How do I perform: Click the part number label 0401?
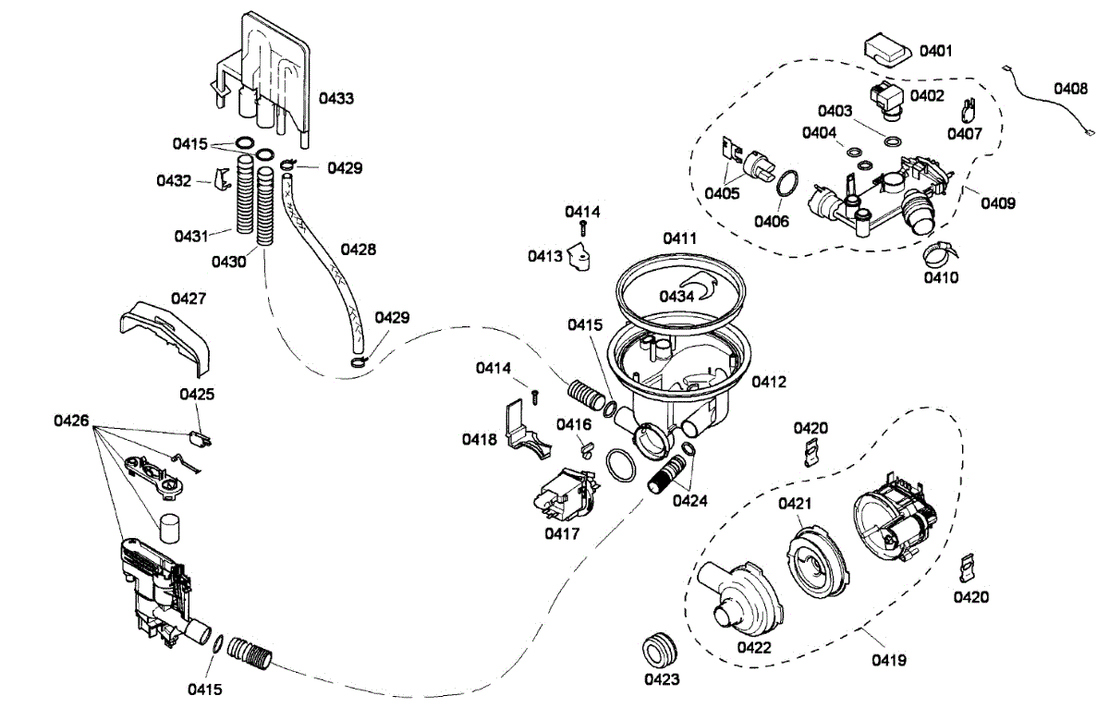(x=935, y=50)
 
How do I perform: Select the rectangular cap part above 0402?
(x=888, y=50)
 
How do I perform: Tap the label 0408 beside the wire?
(x=1070, y=90)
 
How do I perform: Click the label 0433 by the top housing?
(x=336, y=98)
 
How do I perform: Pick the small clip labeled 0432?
(x=221, y=179)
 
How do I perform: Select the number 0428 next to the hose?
(x=359, y=250)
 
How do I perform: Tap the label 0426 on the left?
(x=71, y=421)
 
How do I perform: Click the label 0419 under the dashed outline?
(x=887, y=660)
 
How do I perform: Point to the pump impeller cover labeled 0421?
(x=815, y=561)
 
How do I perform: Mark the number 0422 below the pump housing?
(x=753, y=648)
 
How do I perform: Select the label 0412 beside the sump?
(x=770, y=382)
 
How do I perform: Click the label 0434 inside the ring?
(x=677, y=296)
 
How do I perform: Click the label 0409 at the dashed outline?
(x=997, y=202)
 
